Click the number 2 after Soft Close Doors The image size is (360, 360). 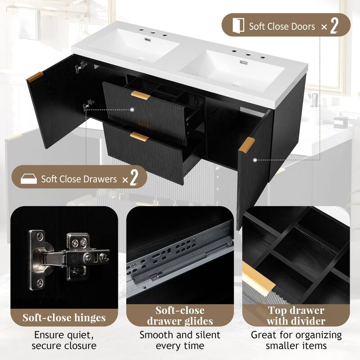tap(334, 27)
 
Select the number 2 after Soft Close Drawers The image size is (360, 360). tap(133, 179)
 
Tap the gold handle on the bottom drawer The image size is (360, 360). tap(139, 136)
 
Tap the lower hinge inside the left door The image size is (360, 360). tap(88, 105)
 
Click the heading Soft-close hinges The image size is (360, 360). tap(64, 317)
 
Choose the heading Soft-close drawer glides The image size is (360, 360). tap(180, 316)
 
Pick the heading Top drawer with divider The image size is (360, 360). tap(296, 316)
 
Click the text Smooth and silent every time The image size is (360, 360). tap(180, 340)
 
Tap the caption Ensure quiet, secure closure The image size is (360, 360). tap(64, 340)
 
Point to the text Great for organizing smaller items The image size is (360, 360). tap(296, 340)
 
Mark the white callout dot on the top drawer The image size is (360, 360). tap(133, 109)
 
